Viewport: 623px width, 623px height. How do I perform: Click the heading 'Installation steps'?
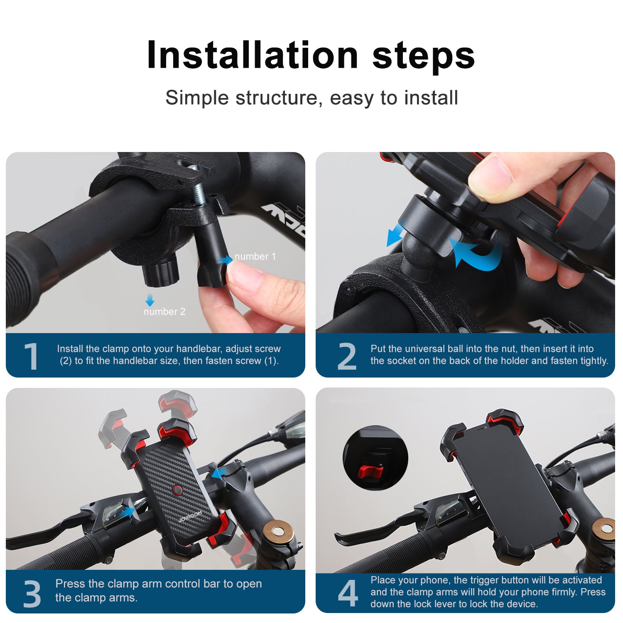click(x=311, y=55)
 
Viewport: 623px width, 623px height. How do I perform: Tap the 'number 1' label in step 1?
click(x=255, y=257)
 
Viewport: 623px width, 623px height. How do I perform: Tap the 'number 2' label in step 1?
click(x=164, y=311)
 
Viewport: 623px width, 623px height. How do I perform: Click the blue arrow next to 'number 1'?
click(x=226, y=260)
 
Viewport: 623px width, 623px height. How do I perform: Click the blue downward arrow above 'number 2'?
click(x=150, y=300)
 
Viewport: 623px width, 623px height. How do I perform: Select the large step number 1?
click(x=31, y=356)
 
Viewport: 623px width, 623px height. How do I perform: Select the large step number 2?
click(x=347, y=356)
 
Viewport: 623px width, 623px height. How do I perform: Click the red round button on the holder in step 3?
click(x=178, y=491)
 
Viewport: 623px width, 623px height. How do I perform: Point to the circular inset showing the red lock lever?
click(x=375, y=458)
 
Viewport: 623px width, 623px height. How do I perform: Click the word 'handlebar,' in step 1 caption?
click(x=199, y=349)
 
